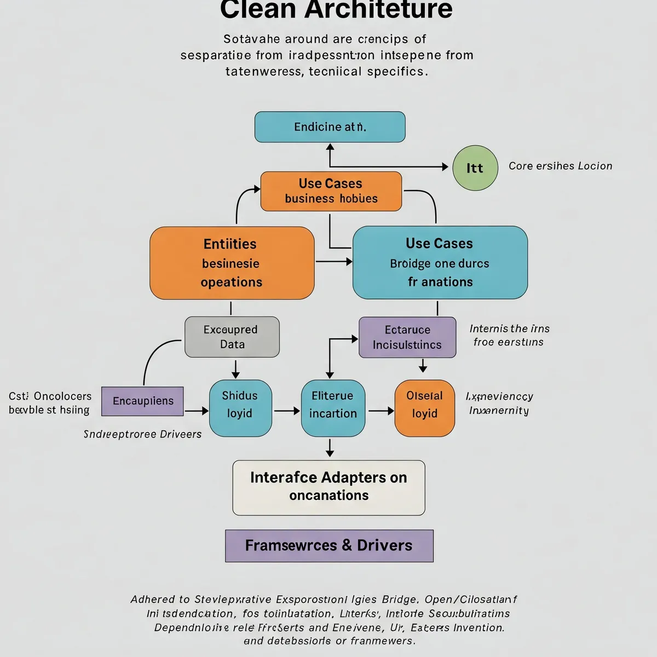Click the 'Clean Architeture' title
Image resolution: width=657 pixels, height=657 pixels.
336,10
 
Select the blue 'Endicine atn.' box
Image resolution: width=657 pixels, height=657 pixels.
330,127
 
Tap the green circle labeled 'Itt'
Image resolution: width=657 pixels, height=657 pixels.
475,168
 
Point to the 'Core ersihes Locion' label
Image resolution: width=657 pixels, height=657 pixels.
560,166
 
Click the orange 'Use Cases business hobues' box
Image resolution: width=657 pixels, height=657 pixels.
331,191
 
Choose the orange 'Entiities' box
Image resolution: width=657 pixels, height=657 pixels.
232,263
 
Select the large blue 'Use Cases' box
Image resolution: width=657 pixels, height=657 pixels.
440,263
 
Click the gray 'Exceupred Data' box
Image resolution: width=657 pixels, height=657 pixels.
232,337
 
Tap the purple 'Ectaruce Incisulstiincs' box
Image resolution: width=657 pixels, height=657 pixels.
407,337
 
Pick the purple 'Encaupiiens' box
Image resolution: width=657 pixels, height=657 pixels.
142,401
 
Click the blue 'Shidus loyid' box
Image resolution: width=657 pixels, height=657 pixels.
240,408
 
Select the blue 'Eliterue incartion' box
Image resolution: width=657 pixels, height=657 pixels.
333,408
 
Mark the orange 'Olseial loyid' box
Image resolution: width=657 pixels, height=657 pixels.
425,408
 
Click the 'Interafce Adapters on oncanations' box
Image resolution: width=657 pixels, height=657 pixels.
328,487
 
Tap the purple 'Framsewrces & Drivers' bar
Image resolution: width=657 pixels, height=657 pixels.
329,545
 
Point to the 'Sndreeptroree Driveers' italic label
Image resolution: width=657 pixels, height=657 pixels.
142,434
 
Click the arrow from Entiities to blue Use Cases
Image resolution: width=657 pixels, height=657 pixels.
333,262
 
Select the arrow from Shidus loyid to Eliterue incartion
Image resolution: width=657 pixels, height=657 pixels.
286,410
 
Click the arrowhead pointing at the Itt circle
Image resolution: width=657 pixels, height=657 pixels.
445,166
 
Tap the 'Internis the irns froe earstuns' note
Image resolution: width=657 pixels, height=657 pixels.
509,335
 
